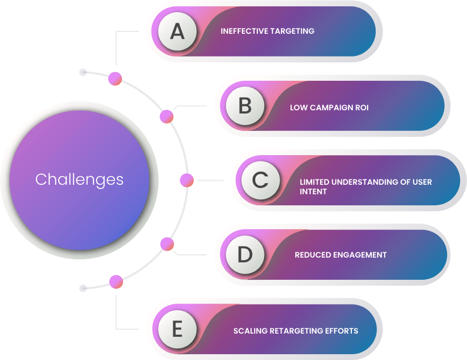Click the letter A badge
177,31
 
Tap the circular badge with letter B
245,106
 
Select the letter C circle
260,181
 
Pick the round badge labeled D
245,254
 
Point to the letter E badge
177,329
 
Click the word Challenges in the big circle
79,179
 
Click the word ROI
362,107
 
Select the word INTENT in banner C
313,192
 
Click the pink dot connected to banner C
186,181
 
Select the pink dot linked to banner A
115,79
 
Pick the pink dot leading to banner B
166,116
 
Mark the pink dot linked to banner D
167,244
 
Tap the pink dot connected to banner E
116,282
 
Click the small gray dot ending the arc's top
83,72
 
